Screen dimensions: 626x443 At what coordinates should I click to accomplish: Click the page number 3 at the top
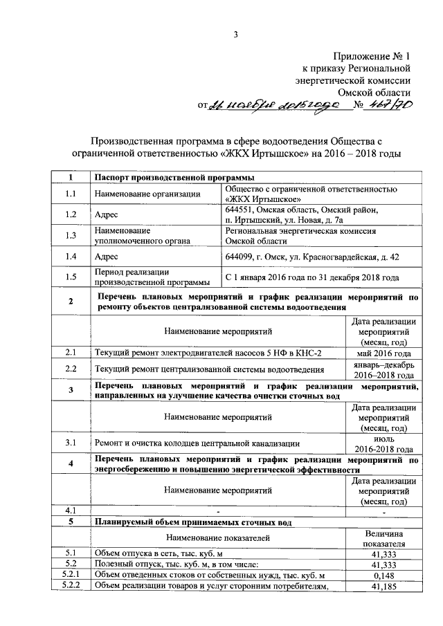click(235, 35)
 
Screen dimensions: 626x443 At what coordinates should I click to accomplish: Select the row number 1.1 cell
click(71, 194)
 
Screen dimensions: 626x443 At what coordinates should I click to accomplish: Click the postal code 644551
click(241, 209)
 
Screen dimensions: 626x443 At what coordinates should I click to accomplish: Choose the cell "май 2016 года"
click(383, 353)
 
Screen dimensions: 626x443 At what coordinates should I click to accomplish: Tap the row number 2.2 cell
click(71, 369)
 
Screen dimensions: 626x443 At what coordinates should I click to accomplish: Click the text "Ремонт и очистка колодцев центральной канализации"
click(197, 443)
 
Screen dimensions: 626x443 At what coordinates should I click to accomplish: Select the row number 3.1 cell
click(71, 443)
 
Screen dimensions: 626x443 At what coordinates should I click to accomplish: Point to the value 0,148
click(383, 576)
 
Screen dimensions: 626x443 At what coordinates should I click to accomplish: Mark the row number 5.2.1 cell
click(71, 576)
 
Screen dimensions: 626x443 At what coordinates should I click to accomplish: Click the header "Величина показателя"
click(383, 538)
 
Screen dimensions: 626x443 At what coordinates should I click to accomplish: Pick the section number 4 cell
click(71, 463)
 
